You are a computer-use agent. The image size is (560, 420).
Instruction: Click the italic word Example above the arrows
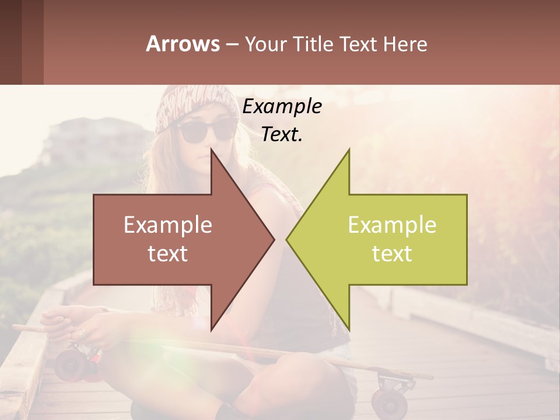pos(282,107)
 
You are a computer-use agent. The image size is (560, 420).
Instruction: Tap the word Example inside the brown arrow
pos(168,225)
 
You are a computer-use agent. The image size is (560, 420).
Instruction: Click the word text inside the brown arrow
pos(168,253)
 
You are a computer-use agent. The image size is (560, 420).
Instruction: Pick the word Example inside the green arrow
pos(392,225)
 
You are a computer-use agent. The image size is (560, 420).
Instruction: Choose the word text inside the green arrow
pos(392,253)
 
